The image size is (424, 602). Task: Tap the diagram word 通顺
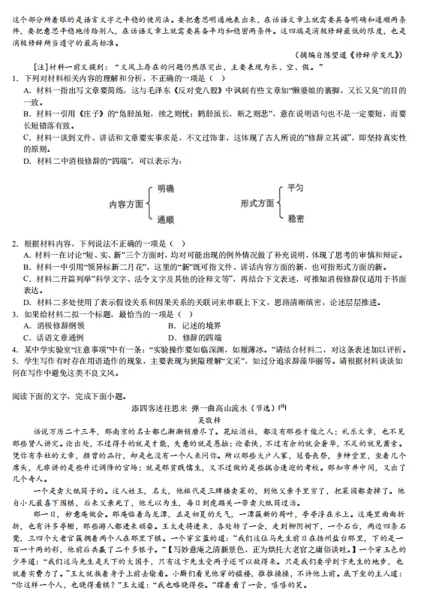click(165, 219)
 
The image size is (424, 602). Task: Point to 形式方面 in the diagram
click(257, 203)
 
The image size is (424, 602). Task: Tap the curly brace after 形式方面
click(280, 203)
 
